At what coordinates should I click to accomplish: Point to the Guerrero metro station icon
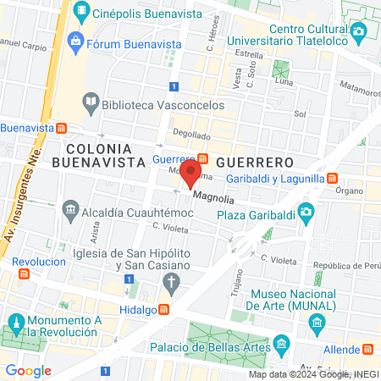(203, 158)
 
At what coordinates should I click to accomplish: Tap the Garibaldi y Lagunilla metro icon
(334, 179)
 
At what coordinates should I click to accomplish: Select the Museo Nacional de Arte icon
(317, 322)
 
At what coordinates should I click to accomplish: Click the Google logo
(29, 370)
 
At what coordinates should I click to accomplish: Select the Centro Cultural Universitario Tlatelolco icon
(359, 31)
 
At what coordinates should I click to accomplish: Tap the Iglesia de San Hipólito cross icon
(172, 281)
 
